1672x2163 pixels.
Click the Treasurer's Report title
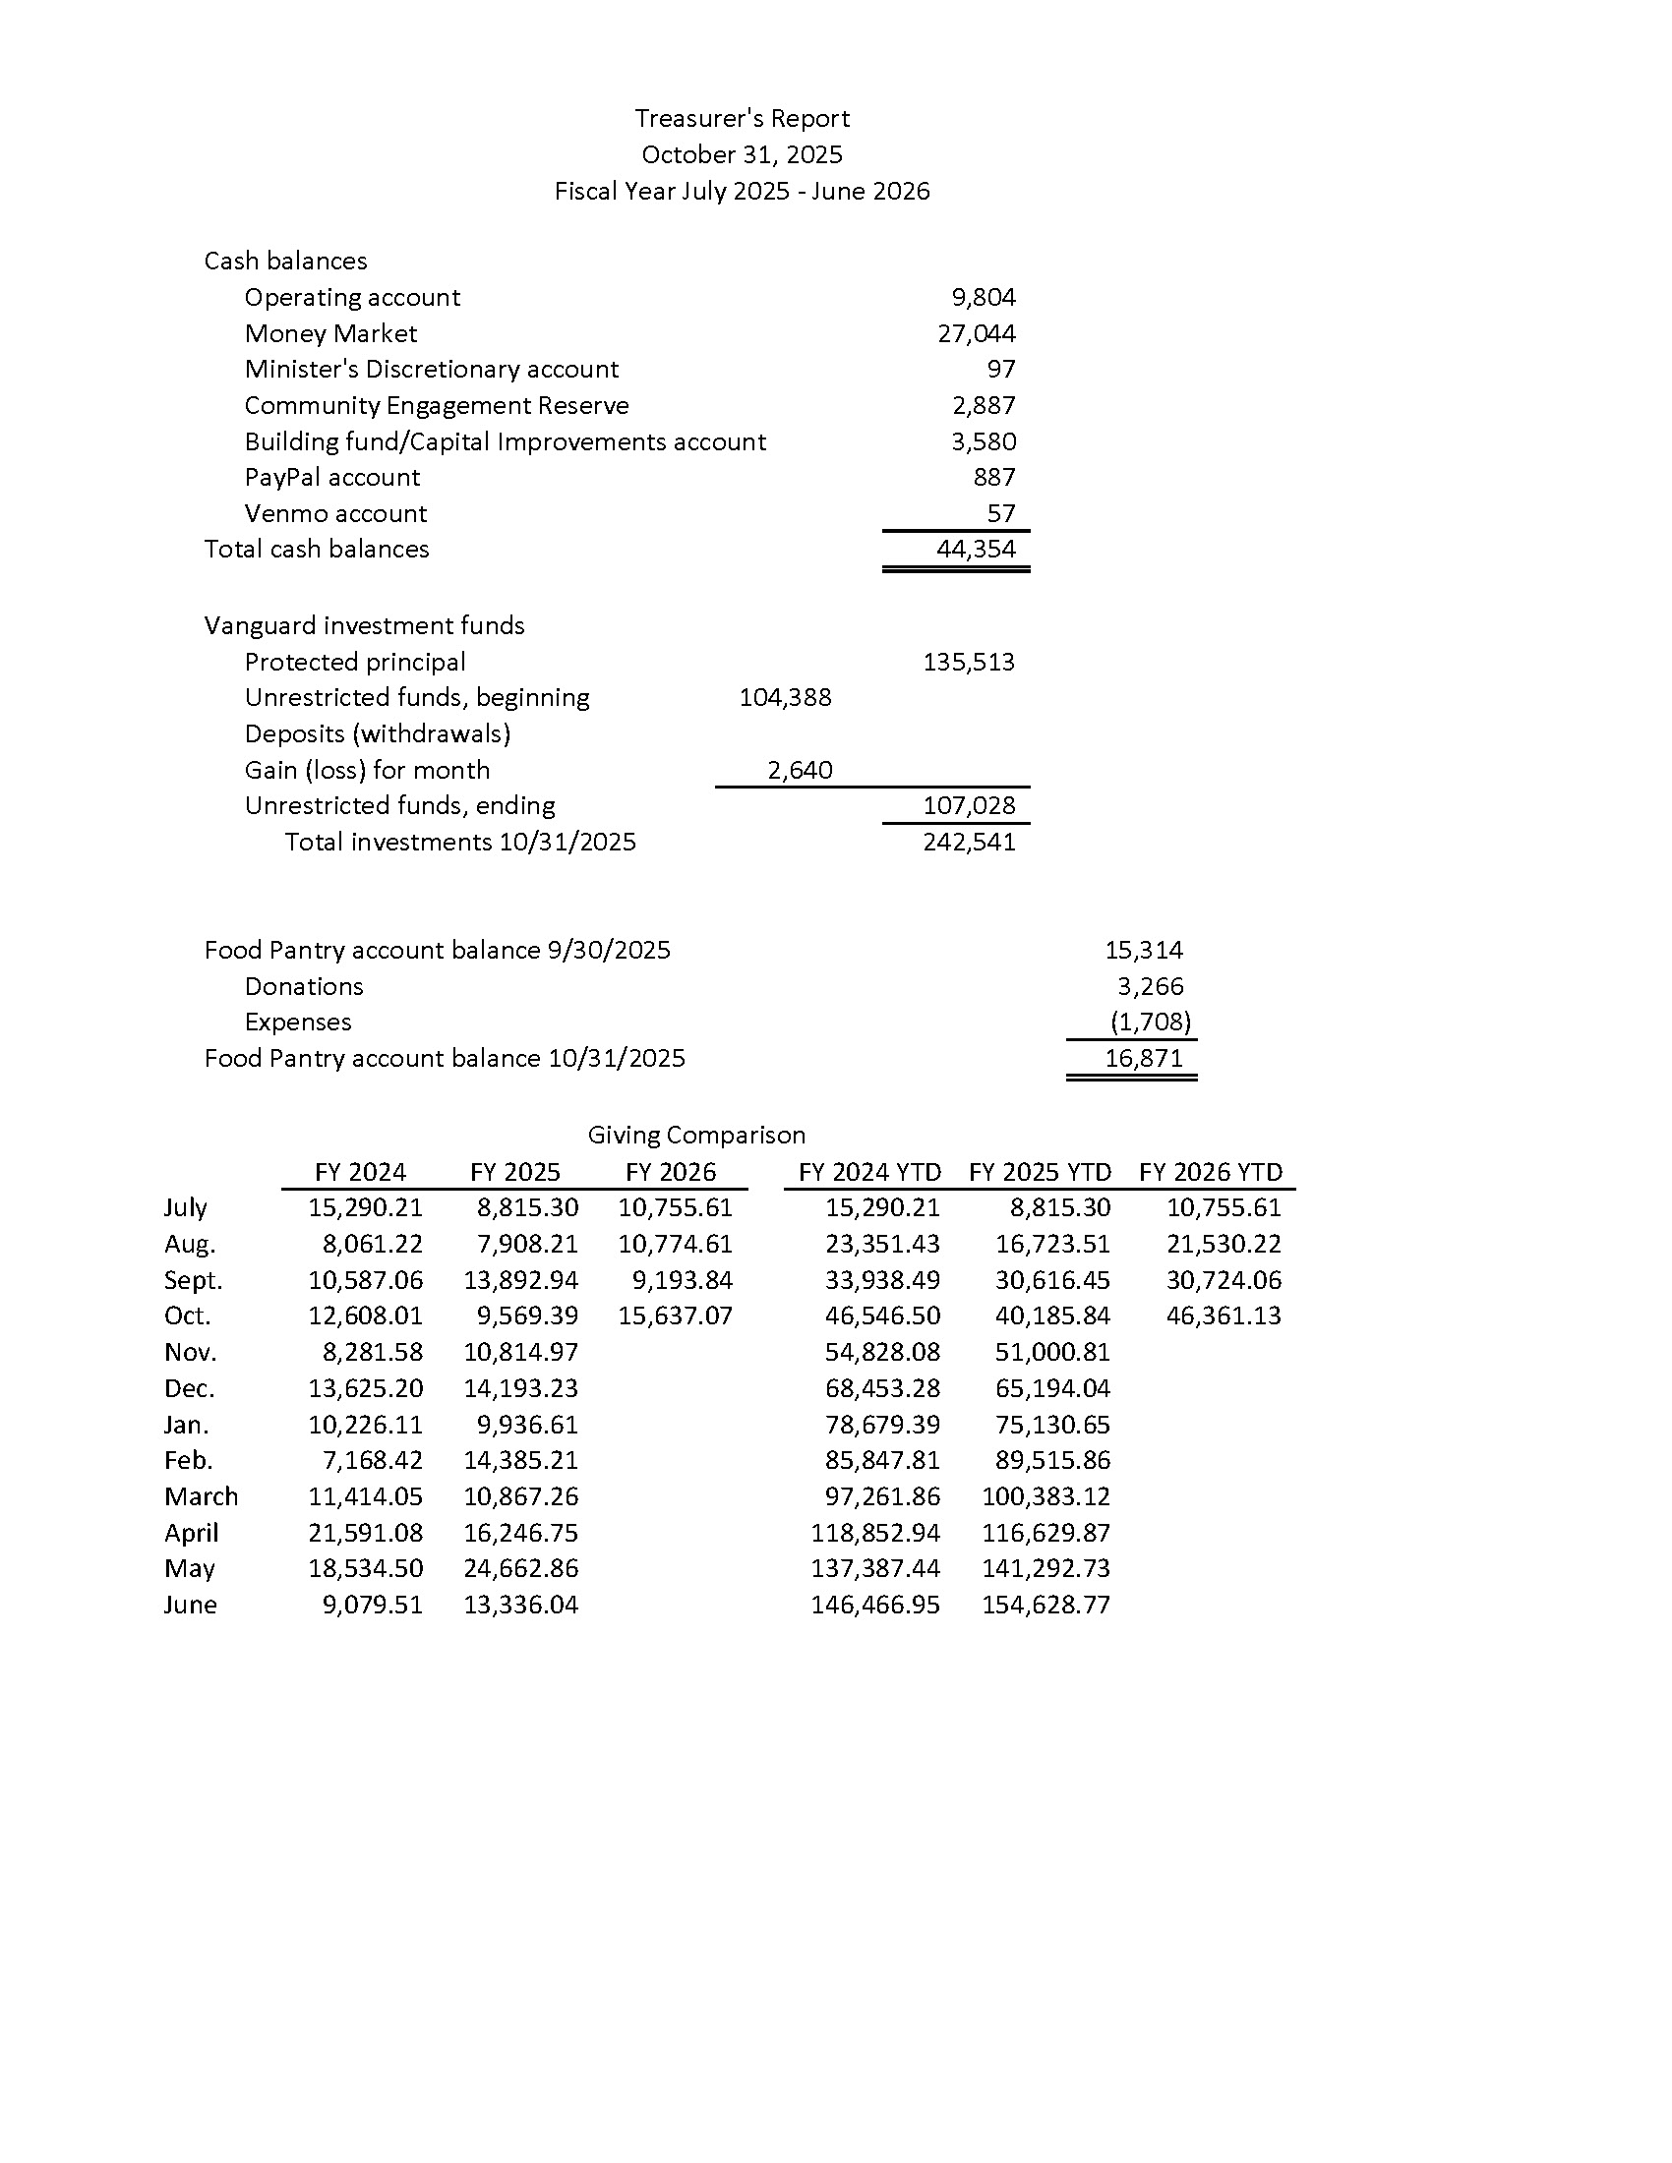point(742,119)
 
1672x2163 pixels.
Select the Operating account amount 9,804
point(984,297)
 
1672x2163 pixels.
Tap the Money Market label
point(330,333)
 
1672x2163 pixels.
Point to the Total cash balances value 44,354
point(976,549)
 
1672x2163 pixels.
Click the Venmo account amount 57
point(1001,513)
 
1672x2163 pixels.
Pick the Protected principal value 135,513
point(969,662)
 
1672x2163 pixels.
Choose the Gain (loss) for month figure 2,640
point(800,770)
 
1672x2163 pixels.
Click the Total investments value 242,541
point(969,842)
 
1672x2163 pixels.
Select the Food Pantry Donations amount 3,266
point(1150,986)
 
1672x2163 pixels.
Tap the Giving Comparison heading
point(696,1135)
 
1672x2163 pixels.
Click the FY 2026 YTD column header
point(1211,1173)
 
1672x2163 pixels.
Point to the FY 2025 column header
point(515,1173)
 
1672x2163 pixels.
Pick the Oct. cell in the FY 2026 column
point(676,1316)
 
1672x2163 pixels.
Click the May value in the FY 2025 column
point(521,1569)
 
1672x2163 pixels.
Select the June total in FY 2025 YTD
point(1046,1605)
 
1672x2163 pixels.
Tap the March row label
point(201,1496)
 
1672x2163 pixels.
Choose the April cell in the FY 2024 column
point(366,1533)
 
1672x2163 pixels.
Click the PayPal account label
point(331,478)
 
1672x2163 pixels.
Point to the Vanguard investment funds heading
point(365,626)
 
